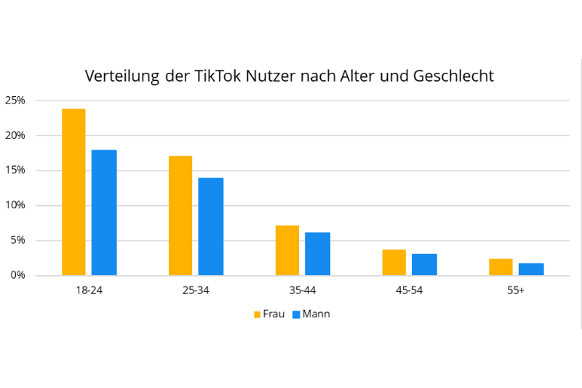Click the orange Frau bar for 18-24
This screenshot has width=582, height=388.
73,192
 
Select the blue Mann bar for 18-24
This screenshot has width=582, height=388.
103,213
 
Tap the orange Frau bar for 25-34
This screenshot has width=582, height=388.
180,215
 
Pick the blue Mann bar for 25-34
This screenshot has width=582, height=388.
210,226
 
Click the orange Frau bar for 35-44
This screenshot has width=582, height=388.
287,250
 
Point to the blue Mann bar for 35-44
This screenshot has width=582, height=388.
317,254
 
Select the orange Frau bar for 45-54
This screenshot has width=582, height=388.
394,263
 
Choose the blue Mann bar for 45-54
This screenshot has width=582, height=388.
424,265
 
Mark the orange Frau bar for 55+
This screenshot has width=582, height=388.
501,267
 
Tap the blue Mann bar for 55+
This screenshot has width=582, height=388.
531,269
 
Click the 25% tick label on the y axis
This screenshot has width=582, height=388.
15,100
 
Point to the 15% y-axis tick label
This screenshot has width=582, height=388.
15,170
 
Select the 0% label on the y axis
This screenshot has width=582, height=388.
17,275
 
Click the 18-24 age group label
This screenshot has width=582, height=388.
89,290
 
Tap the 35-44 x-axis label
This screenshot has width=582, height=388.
302,290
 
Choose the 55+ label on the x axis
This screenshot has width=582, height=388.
516,290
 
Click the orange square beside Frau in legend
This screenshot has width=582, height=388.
257,314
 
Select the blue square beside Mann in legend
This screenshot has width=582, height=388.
296,314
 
